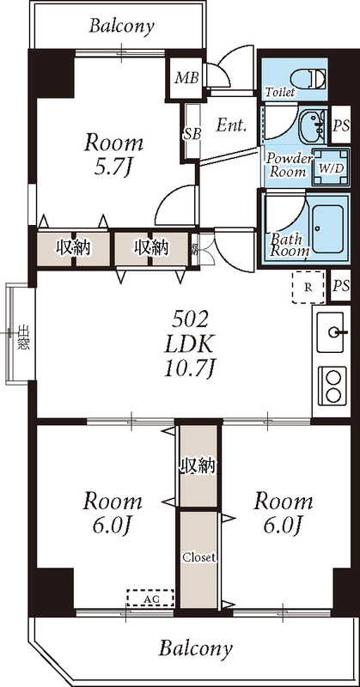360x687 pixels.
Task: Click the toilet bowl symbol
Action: click(x=315, y=78)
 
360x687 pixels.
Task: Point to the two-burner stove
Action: click(x=332, y=385)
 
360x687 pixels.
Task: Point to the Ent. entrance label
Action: click(x=231, y=125)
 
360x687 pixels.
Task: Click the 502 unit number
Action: click(x=191, y=319)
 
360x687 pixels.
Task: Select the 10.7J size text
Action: click(x=191, y=369)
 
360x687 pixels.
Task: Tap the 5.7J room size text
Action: click(x=112, y=168)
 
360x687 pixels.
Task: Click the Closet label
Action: click(x=198, y=556)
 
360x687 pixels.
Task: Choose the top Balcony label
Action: click(x=121, y=27)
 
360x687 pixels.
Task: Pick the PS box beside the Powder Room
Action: click(x=341, y=125)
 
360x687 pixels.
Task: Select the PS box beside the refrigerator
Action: click(x=341, y=286)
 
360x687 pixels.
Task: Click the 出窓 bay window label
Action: click(x=23, y=335)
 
